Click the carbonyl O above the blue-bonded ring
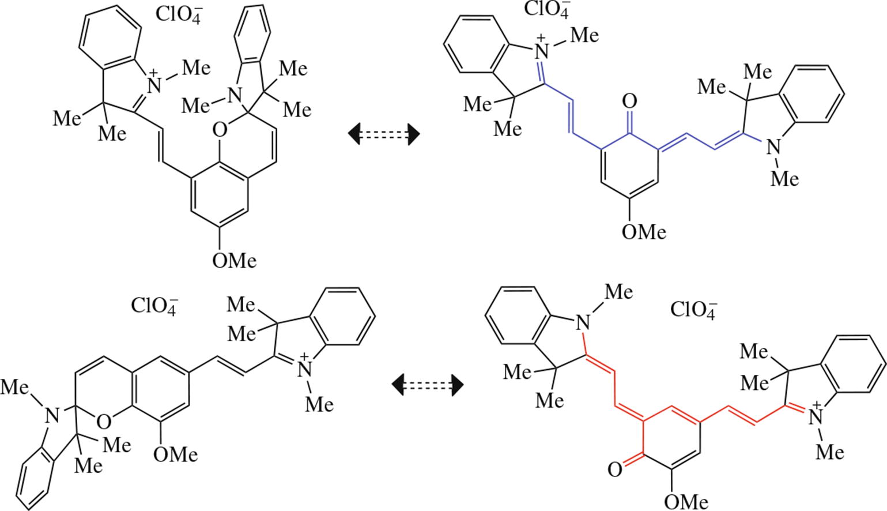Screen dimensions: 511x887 click(629, 102)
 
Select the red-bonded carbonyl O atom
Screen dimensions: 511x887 click(615, 469)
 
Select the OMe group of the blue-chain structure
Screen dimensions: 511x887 click(644, 232)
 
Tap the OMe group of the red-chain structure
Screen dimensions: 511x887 click(686, 501)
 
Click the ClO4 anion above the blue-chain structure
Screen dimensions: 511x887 click(546, 10)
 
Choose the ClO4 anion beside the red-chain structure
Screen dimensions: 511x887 click(693, 310)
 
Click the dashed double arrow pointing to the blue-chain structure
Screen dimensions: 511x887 click(384, 134)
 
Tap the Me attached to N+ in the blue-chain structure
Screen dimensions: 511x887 click(584, 35)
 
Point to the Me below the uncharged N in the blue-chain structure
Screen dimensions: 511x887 click(784, 178)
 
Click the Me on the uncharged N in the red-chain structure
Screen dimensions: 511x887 click(618, 292)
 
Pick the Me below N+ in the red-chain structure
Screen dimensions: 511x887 click(830, 451)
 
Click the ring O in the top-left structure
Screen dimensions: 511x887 click(219, 131)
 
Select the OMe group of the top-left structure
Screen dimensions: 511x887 click(234, 261)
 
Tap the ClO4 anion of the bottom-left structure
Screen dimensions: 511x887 click(154, 305)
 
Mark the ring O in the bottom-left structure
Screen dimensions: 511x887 click(103, 422)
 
